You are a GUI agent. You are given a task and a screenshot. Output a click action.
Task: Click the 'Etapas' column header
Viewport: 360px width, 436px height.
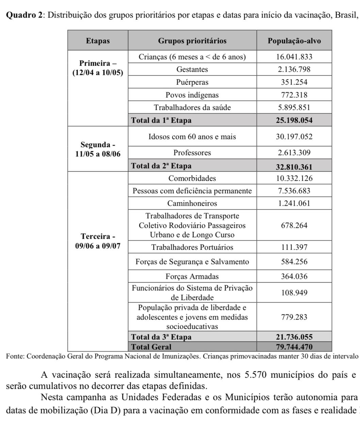point(98,41)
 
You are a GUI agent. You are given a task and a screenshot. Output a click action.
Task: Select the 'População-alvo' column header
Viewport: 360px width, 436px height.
point(294,41)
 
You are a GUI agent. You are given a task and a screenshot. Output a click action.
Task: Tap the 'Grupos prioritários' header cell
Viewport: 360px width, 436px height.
point(192,41)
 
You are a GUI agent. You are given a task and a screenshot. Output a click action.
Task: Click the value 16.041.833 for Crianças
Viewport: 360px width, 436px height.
point(294,57)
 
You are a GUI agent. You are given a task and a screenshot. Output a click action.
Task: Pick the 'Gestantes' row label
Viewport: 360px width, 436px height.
point(192,69)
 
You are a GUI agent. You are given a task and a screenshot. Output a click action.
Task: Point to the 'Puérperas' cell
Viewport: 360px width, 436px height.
point(192,82)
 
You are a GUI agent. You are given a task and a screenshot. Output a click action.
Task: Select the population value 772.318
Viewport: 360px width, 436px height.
point(294,95)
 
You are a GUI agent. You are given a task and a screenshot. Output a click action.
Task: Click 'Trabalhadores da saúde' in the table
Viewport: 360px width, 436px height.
point(192,108)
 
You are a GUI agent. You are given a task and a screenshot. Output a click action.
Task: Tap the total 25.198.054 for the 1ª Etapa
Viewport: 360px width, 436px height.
point(294,120)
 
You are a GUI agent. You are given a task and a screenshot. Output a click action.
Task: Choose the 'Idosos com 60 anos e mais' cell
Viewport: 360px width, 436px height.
point(192,137)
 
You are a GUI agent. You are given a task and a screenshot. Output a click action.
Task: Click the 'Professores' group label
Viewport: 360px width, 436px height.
point(192,153)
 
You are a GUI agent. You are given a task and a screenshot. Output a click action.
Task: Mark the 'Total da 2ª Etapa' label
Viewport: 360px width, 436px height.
point(162,166)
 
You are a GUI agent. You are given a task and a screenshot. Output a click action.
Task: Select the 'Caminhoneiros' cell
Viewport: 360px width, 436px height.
point(192,203)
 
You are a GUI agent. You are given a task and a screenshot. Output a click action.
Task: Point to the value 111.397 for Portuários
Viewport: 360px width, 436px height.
point(294,247)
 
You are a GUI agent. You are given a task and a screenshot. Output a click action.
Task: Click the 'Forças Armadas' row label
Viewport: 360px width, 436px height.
point(192,276)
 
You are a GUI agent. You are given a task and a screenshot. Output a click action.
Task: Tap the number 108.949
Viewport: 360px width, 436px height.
point(294,293)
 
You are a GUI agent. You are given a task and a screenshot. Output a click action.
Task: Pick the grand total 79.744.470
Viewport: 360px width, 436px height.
point(294,347)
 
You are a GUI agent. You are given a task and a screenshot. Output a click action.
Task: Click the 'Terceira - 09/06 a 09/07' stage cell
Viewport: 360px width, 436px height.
point(98,241)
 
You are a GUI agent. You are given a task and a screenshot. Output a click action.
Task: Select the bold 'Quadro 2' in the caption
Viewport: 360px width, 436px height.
point(23,15)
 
